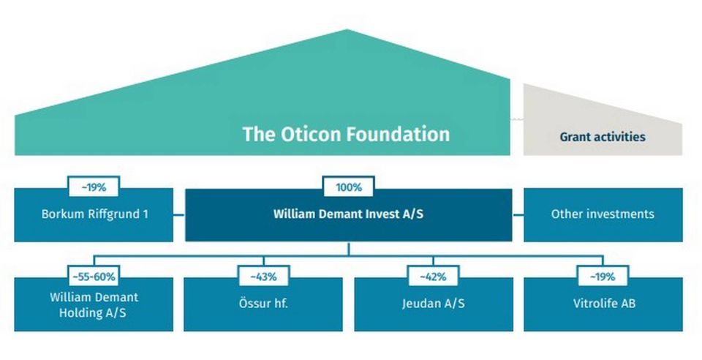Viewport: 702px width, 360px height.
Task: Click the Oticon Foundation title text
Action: (346, 134)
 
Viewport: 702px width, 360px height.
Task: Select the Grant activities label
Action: (603, 136)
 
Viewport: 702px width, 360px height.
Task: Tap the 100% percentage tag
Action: (349, 187)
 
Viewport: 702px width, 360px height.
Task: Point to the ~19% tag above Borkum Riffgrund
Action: (94, 187)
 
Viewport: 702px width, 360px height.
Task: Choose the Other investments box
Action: (603, 214)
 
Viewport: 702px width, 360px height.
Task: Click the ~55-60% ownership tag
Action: (94, 277)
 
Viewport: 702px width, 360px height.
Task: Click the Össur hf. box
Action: (263, 304)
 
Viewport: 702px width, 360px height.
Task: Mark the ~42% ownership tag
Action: (433, 277)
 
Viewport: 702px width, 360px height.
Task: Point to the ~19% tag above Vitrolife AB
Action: (603, 277)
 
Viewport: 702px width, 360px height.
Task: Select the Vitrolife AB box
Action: (603, 304)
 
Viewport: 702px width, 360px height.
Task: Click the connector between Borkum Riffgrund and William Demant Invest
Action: (179, 214)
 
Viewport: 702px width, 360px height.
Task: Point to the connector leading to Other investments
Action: (518, 214)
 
